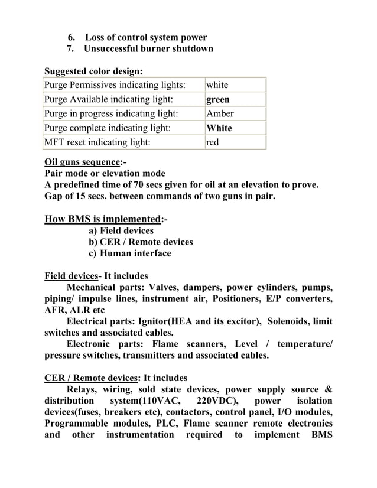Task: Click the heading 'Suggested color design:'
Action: tap(93, 72)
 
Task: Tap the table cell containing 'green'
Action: tap(235, 100)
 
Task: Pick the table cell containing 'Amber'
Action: tap(235, 114)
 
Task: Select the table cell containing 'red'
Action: tap(235, 142)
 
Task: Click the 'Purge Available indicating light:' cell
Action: tap(123, 100)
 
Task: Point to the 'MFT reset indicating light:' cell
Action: tap(123, 142)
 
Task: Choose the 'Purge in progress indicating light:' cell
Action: tap(123, 114)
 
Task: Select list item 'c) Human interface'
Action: tap(129, 253)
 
